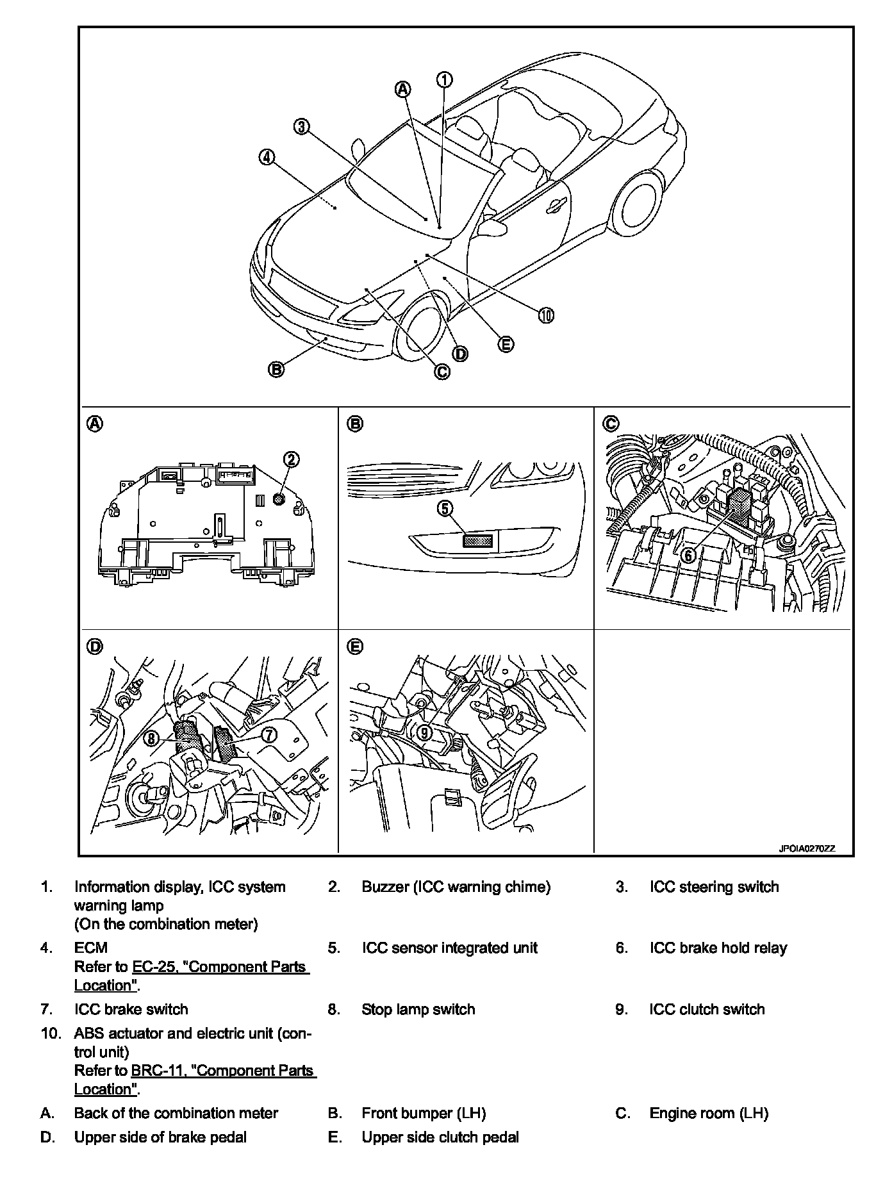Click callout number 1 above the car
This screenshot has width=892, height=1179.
445,79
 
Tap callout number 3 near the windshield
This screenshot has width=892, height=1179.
301,126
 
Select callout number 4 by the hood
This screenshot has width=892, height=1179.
267,156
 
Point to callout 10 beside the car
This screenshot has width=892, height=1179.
546,315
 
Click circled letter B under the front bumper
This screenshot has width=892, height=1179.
276,370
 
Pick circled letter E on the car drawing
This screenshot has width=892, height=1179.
506,344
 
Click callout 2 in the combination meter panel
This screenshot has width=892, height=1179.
292,459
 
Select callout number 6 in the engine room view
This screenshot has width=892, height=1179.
688,555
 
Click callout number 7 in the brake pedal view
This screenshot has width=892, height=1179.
269,735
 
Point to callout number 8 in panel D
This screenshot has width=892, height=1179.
151,738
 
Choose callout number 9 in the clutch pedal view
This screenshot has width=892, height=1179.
424,732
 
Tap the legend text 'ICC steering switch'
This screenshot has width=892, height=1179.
714,887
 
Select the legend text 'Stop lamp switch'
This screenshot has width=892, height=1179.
418,1009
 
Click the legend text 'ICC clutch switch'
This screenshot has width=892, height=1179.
707,1009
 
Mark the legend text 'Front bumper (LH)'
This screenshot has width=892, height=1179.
424,1113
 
